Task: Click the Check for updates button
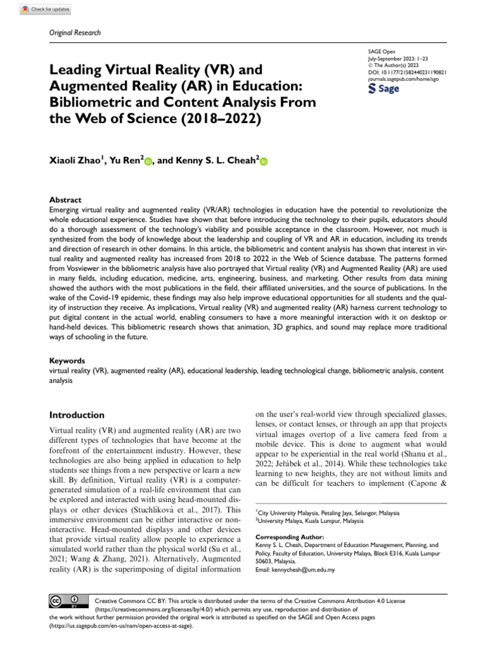45,9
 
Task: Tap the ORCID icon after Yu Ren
148,161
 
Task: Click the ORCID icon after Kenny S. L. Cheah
263,161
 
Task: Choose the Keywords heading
67,361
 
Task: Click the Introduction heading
77,415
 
